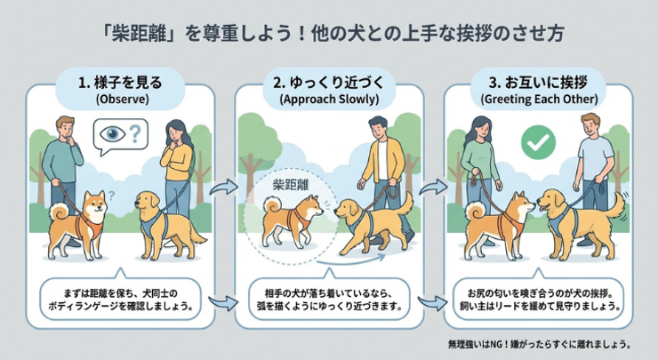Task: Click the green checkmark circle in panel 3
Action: (538, 142)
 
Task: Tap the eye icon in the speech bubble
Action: (112, 134)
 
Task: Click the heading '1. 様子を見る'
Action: (120, 83)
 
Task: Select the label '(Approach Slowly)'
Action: (329, 100)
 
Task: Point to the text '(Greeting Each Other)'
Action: (539, 100)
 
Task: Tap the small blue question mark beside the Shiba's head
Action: (111, 195)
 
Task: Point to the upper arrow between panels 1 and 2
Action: (224, 188)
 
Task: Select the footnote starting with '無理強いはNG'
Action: (539, 345)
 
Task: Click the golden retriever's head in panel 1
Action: (148, 203)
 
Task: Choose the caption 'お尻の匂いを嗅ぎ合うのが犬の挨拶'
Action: (538, 292)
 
